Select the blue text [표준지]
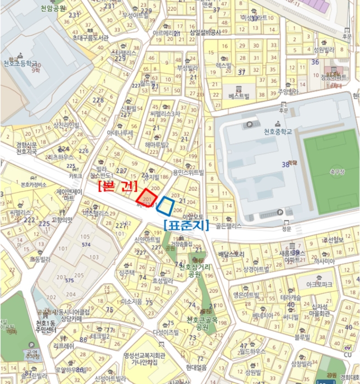[182, 223]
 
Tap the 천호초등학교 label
[20, 63]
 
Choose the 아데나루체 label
[120, 133]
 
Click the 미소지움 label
[132, 301]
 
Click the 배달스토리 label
[231, 255]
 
